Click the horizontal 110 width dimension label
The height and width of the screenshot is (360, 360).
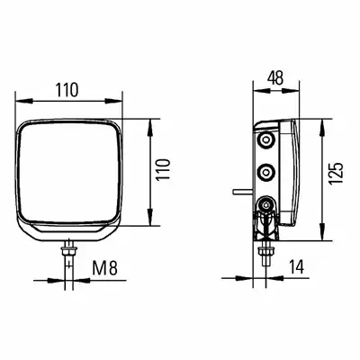click(67, 90)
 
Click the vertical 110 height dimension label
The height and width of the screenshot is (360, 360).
click(164, 169)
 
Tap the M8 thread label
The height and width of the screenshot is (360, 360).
click(104, 268)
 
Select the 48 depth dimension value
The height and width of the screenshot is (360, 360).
click(275, 78)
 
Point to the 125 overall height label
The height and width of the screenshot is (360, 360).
click(335, 174)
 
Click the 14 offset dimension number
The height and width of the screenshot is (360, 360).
click(296, 266)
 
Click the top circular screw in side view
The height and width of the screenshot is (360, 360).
click(265, 139)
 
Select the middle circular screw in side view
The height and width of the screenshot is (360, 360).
click(265, 172)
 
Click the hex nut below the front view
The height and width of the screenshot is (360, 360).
click(69, 249)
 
